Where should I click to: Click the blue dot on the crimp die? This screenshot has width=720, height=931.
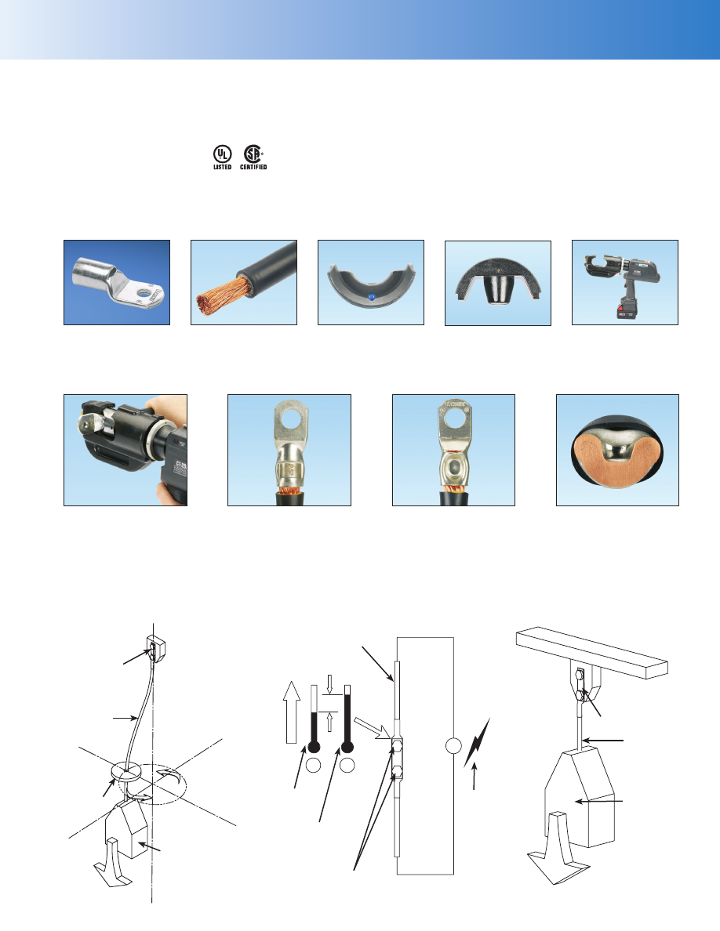[371, 296]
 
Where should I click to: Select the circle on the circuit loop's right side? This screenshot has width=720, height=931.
[453, 745]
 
